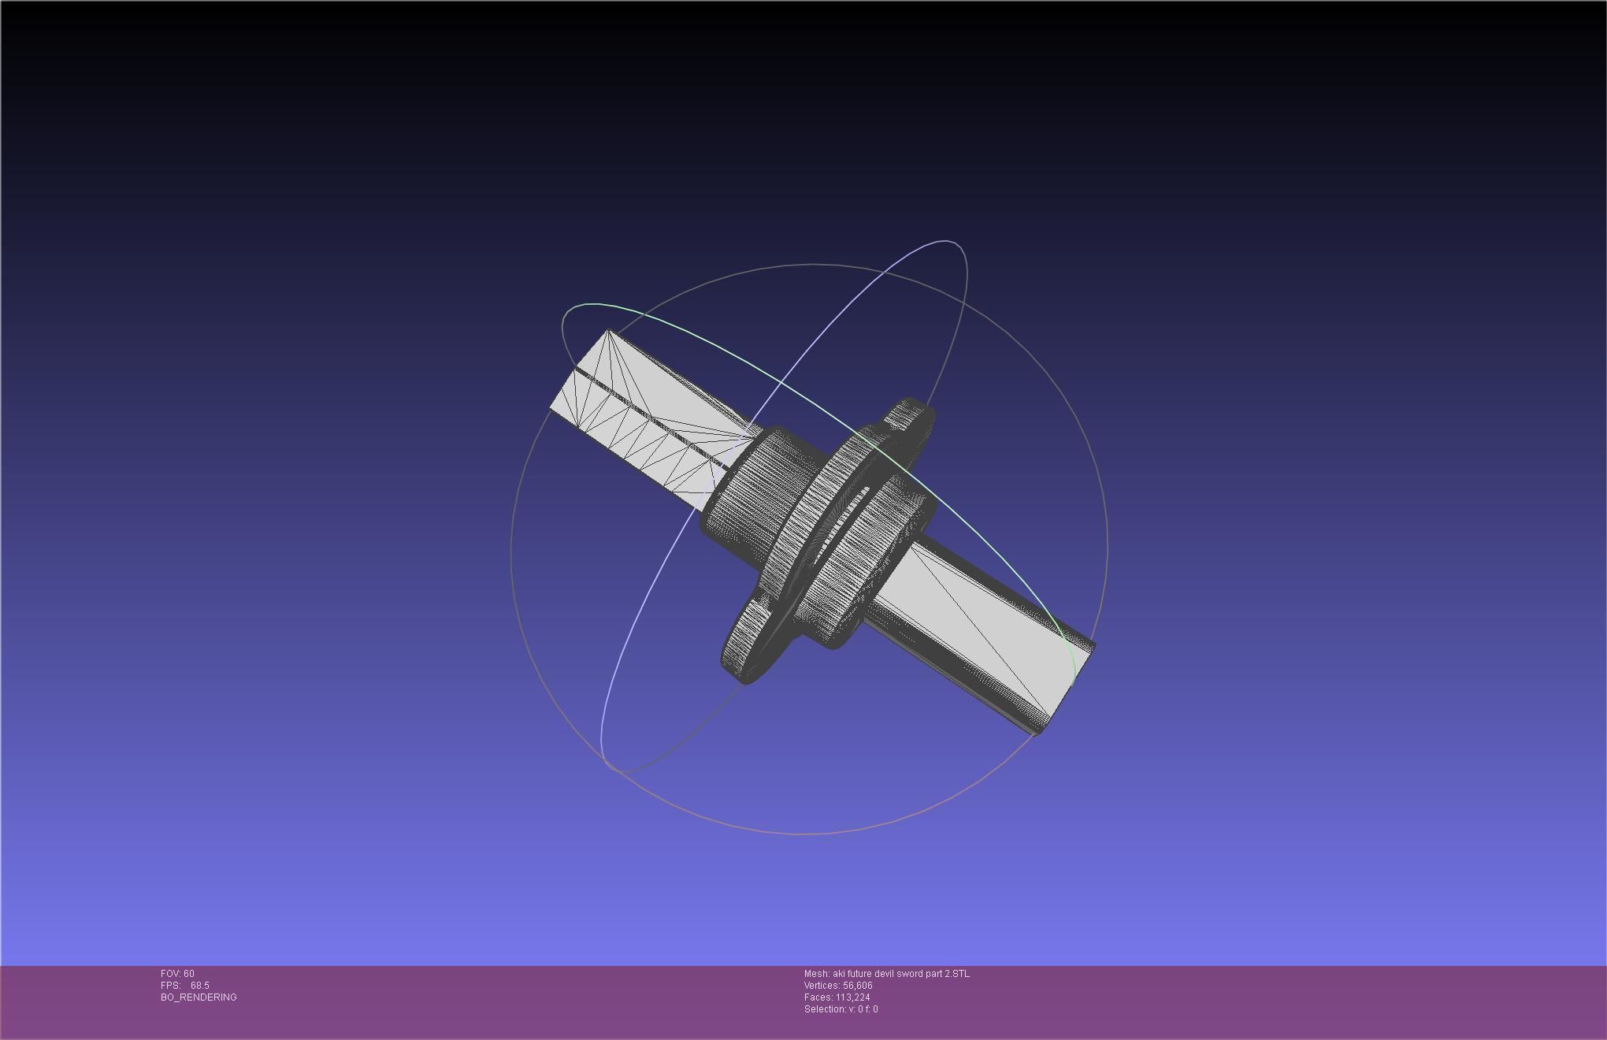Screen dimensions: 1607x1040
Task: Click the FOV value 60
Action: click(x=188, y=974)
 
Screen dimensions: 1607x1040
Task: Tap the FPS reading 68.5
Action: click(x=200, y=986)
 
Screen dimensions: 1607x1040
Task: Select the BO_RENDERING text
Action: click(x=199, y=997)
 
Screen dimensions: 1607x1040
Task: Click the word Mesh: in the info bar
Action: click(x=817, y=974)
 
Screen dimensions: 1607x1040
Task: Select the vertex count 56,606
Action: click(x=858, y=986)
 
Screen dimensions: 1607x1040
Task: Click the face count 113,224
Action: click(x=853, y=997)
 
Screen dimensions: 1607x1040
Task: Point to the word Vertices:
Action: click(x=822, y=986)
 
